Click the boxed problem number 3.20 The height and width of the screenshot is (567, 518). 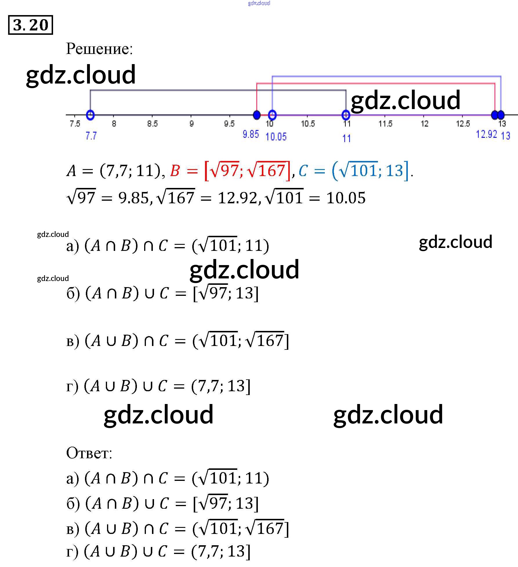point(30,25)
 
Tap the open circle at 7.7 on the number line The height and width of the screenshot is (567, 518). point(90,115)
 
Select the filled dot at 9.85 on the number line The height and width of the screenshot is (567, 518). point(257,115)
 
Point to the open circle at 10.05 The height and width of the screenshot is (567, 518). point(272,115)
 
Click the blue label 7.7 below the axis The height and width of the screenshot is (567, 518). point(91,136)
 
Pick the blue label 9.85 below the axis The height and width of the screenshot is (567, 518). point(251,134)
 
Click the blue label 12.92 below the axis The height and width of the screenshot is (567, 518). point(486,134)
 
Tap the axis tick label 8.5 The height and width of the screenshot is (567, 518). point(152,124)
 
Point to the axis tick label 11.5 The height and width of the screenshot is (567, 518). point(385,124)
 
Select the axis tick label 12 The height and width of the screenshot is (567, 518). point(425,124)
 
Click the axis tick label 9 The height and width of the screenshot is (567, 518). point(191,124)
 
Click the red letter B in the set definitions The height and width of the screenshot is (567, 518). point(175,171)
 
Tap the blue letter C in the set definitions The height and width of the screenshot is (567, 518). point(303,171)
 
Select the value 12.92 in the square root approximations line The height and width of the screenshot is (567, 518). point(238,198)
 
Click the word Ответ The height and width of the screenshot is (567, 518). point(89,453)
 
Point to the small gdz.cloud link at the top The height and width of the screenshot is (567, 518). point(259,3)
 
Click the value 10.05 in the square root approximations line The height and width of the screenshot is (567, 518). point(346,198)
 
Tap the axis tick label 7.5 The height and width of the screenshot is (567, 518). point(75,124)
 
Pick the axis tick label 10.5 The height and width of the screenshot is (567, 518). point(308,124)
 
